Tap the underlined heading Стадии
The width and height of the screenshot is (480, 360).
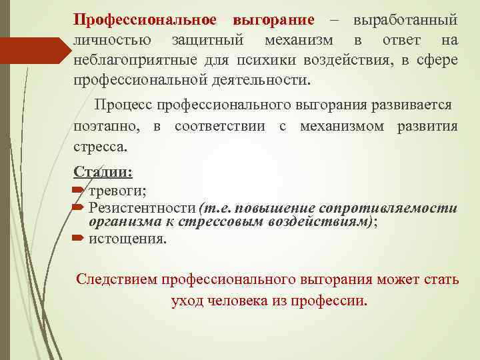tap(103, 173)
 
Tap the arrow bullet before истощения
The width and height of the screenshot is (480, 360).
tap(79, 238)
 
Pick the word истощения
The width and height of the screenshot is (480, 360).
tap(127, 238)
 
